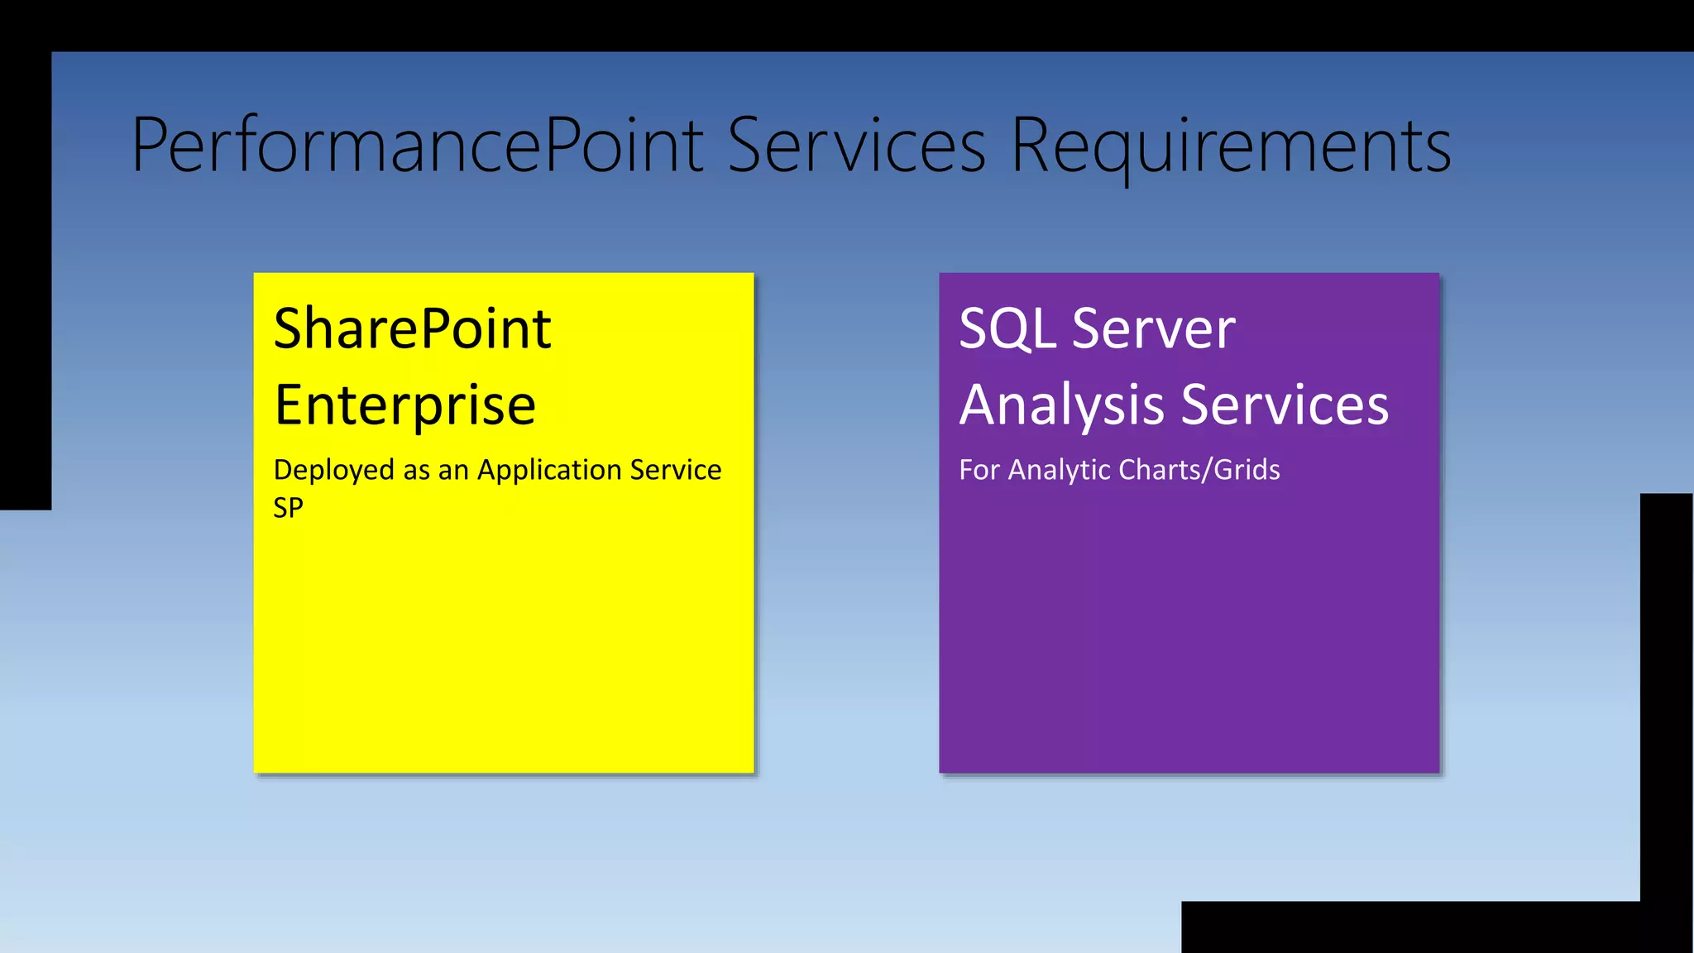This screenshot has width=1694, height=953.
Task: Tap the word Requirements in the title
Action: click(x=1231, y=146)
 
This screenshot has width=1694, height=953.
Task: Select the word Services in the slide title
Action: click(x=857, y=146)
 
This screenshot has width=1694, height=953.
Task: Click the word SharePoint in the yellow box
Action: click(x=412, y=329)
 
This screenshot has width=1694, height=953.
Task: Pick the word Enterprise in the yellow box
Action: click(x=405, y=405)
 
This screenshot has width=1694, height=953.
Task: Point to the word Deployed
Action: click(x=334, y=470)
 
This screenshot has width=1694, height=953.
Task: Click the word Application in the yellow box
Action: click(x=549, y=470)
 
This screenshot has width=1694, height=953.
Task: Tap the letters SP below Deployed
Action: click(x=288, y=507)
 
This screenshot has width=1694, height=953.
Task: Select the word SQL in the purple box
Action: click(x=1007, y=329)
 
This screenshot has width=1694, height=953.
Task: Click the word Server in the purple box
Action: click(x=1153, y=329)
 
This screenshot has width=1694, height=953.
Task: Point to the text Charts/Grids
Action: click(x=1199, y=470)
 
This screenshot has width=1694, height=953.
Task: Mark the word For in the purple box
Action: click(x=979, y=470)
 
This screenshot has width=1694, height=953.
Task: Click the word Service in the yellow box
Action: click(x=675, y=470)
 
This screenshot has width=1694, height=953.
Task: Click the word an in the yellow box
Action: click(x=453, y=470)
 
